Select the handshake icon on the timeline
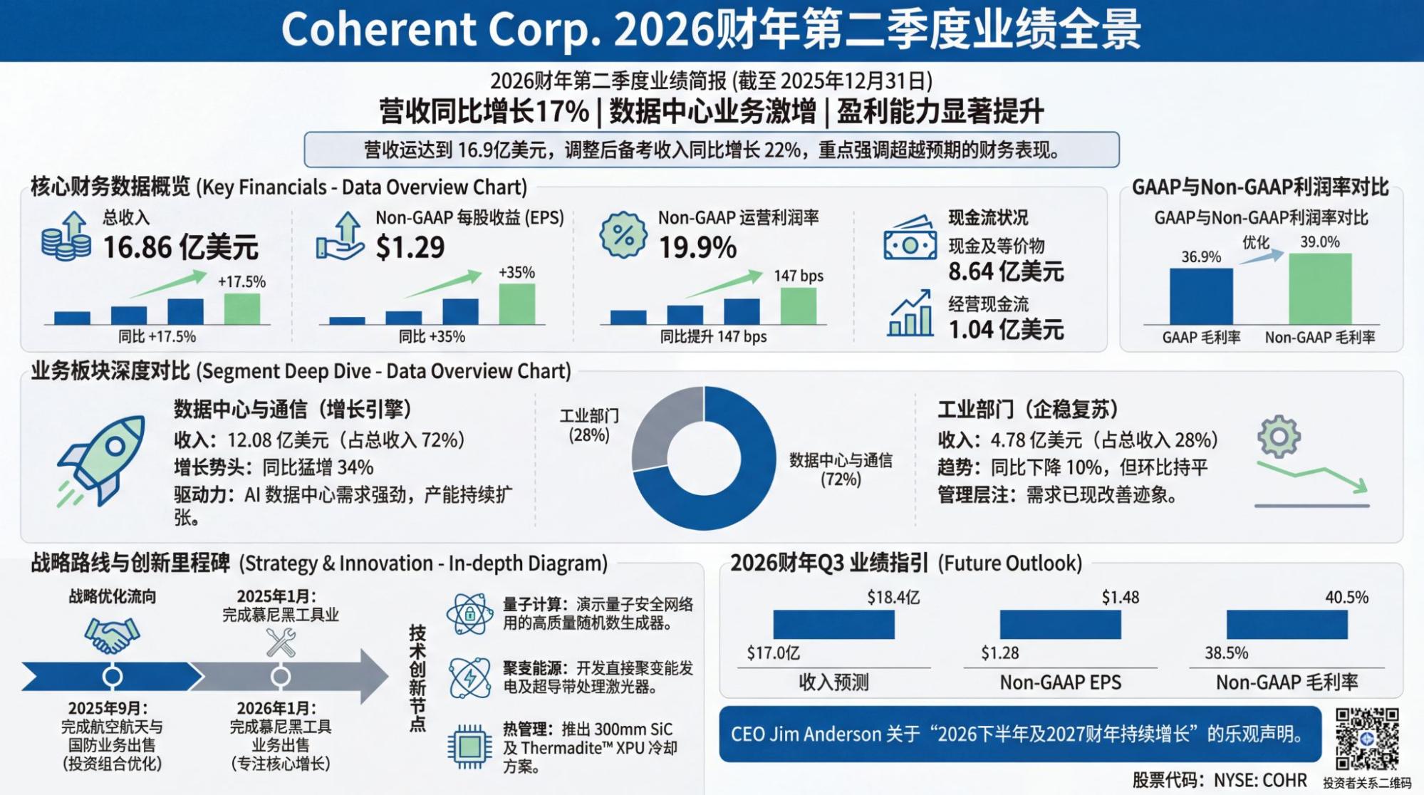tap(112, 634)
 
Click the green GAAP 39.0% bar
tap(1319, 289)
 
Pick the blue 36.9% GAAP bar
tap(1201, 296)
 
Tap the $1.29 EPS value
tap(410, 247)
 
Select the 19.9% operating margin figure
tap(697, 247)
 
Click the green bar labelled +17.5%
tap(242, 309)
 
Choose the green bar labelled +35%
tap(516, 304)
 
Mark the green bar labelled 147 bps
tap(799, 306)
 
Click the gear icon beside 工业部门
tap(1279, 436)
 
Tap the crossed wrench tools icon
tap(281, 643)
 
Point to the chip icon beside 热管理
tap(469, 747)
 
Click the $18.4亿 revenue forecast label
tap(893, 597)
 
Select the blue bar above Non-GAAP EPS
tap(1060, 625)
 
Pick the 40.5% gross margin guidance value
tap(1346, 597)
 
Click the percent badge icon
tap(623, 234)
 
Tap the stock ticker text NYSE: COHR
tap(1260, 781)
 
